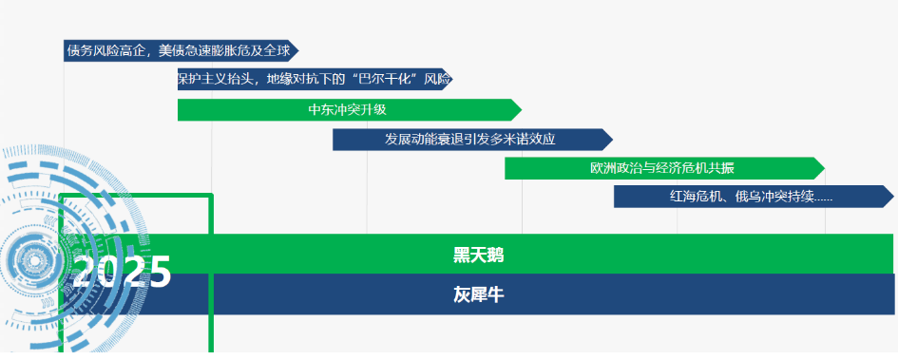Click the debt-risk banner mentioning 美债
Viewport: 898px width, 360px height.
tap(181, 50)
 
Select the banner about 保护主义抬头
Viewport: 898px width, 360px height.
tap(315, 80)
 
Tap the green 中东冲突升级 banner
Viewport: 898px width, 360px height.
tap(350, 110)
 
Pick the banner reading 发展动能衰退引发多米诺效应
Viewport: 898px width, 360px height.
tap(472, 140)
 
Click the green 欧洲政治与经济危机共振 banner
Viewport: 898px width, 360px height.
tap(664, 168)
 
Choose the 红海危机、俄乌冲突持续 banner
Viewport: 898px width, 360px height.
tap(754, 197)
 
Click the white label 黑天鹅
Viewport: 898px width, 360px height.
tap(479, 256)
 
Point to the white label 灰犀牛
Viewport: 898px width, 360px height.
tap(479, 294)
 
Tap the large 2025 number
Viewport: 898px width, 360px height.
tap(122, 271)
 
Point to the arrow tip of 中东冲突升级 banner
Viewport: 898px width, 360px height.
tap(522, 110)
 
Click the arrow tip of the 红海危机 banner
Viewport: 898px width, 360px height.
tap(893, 197)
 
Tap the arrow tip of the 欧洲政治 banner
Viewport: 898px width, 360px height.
tap(825, 168)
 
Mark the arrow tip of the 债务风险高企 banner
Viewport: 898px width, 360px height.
tap(298, 50)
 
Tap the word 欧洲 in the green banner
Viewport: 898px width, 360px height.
tap(601, 168)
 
